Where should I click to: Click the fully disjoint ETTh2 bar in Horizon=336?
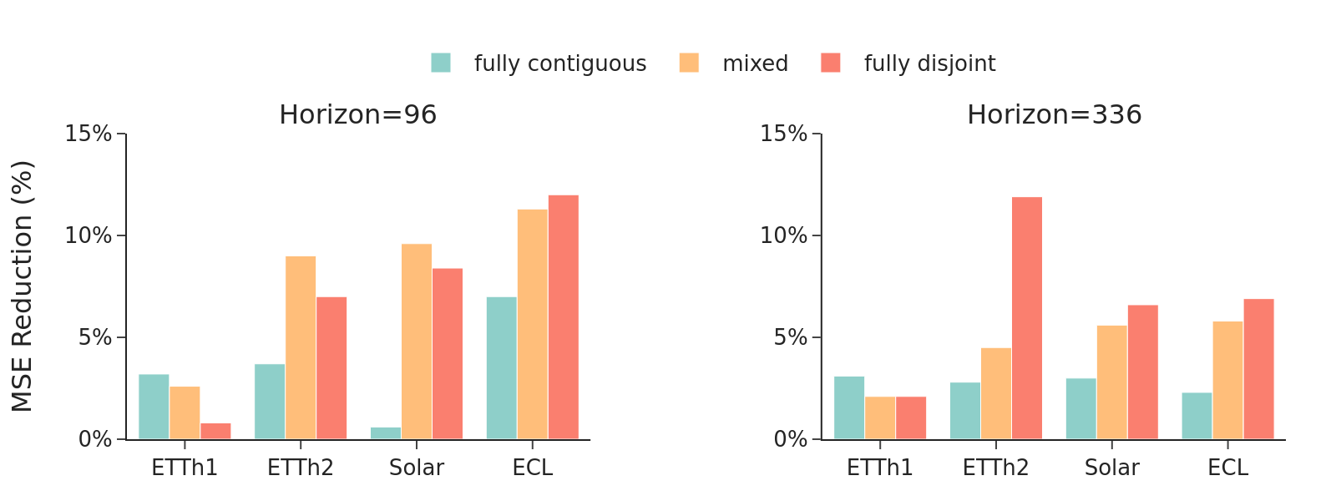point(1027,318)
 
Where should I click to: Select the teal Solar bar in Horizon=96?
point(386,433)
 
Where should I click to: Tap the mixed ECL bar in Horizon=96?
point(532,324)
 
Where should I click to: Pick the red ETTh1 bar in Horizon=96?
point(215,431)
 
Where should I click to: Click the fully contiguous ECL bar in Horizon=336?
point(1197,416)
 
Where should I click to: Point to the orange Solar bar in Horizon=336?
point(1111,382)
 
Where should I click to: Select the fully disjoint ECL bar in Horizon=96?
point(563,317)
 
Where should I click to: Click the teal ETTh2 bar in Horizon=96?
point(270,402)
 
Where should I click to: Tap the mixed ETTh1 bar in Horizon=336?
point(880,417)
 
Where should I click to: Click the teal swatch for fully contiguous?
point(441,63)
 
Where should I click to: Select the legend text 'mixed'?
point(755,63)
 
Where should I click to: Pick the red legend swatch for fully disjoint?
point(831,63)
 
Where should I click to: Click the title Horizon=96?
point(357,114)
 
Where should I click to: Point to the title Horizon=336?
point(1054,114)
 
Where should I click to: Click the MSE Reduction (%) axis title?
point(23,286)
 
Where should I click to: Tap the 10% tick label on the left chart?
point(88,235)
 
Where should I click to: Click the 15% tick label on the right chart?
point(783,134)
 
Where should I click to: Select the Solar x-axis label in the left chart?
point(416,468)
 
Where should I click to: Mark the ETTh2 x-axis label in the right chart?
point(995,468)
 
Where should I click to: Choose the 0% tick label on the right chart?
point(790,439)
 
